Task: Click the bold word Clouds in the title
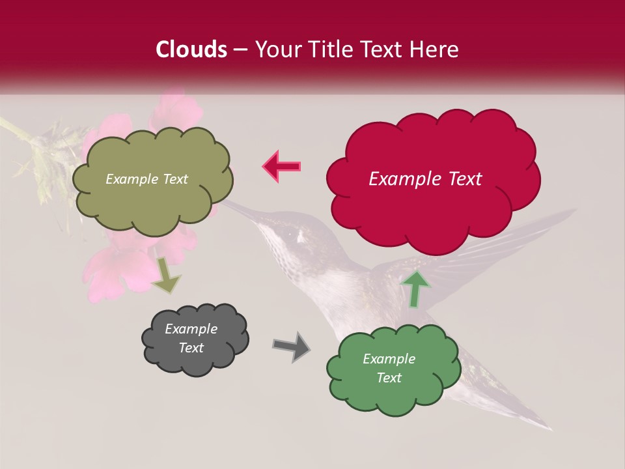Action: tap(191, 50)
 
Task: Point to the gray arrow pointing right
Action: tap(291, 346)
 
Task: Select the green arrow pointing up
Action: tap(415, 289)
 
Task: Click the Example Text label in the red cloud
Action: tap(425, 179)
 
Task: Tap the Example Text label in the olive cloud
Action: tap(146, 179)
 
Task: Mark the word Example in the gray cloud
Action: tap(191, 329)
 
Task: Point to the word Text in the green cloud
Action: tap(389, 378)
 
